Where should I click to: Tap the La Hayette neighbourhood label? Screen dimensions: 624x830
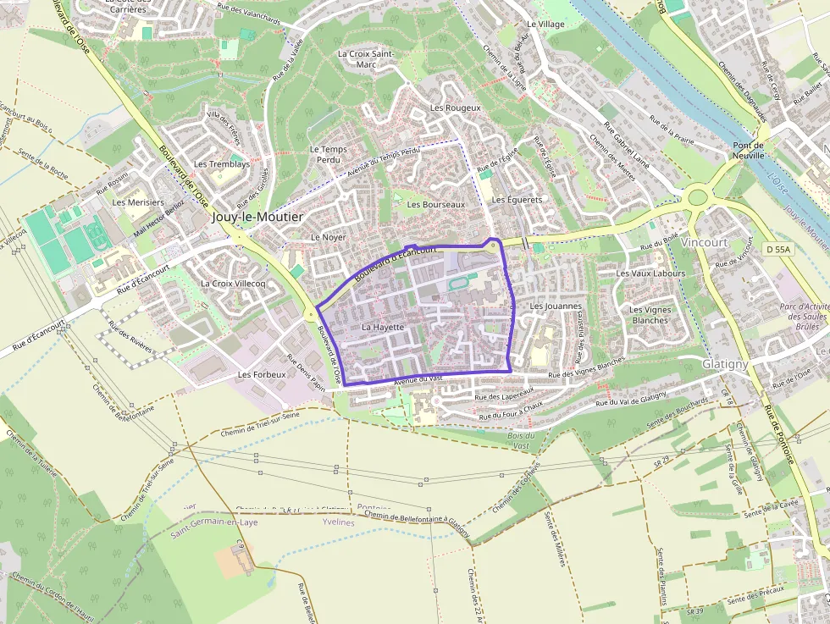click(x=383, y=327)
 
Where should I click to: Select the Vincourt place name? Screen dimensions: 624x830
click(x=704, y=242)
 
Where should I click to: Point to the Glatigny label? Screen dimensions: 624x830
click(x=725, y=363)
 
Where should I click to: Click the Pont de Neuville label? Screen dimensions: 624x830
click(x=748, y=151)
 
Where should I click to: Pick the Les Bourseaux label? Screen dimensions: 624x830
click(x=436, y=205)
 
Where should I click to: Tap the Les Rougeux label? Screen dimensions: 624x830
click(x=455, y=108)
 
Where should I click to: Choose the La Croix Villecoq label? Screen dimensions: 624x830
click(x=233, y=284)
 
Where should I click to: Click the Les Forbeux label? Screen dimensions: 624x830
click(x=262, y=374)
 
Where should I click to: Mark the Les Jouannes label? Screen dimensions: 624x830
click(x=556, y=306)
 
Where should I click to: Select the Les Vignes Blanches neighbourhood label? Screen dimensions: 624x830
click(x=650, y=315)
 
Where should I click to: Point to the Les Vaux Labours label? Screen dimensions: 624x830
click(x=650, y=273)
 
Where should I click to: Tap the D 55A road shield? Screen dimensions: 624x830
click(x=779, y=249)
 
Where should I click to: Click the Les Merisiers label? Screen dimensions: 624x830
click(x=138, y=203)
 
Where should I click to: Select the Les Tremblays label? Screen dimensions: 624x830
click(x=222, y=164)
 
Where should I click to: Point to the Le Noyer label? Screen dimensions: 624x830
click(x=329, y=238)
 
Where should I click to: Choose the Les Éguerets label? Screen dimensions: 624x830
click(x=517, y=200)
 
